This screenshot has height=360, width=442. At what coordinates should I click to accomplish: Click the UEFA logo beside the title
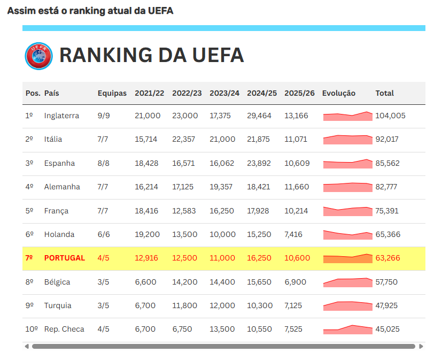38,56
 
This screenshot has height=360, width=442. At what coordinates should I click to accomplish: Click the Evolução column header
338,94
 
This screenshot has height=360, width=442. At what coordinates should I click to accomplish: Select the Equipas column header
112,94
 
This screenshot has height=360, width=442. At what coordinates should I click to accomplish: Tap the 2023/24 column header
224,94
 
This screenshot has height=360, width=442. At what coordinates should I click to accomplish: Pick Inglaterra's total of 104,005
390,116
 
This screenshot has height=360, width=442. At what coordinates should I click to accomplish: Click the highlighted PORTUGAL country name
65,258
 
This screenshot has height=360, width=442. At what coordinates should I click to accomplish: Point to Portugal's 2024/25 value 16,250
259,258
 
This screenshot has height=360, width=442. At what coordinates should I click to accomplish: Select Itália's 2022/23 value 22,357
183,140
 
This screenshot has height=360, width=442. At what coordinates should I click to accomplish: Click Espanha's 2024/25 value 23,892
259,163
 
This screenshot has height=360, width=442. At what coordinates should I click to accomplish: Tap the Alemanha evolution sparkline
347,187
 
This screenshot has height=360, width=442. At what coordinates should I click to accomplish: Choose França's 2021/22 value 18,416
146,211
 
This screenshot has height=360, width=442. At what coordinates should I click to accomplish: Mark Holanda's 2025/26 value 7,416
293,234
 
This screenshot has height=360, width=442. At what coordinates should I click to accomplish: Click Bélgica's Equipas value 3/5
103,282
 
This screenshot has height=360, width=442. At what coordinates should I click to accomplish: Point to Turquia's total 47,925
386,305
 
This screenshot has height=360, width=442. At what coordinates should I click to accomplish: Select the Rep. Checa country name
64,330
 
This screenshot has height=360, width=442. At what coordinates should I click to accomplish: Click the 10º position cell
32,330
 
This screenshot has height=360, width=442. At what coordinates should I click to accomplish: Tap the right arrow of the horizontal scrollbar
421,347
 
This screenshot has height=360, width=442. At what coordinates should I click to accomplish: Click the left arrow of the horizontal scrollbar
27,347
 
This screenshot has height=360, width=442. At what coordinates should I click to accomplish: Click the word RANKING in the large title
106,55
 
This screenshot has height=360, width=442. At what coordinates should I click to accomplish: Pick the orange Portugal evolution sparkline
347,258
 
